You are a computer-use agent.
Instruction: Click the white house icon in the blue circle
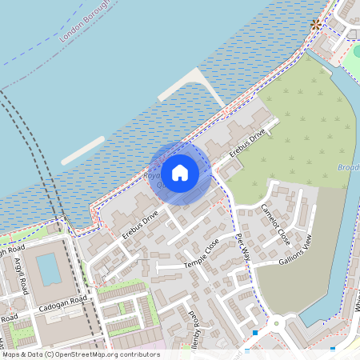[x=180, y=172]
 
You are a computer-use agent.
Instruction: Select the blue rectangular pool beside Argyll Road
[x=48, y=270]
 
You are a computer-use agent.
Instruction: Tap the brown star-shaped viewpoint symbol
[x=317, y=25]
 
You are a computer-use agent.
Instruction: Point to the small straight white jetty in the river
[x=82, y=150]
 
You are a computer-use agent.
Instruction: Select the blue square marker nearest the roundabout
[x=254, y=333]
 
